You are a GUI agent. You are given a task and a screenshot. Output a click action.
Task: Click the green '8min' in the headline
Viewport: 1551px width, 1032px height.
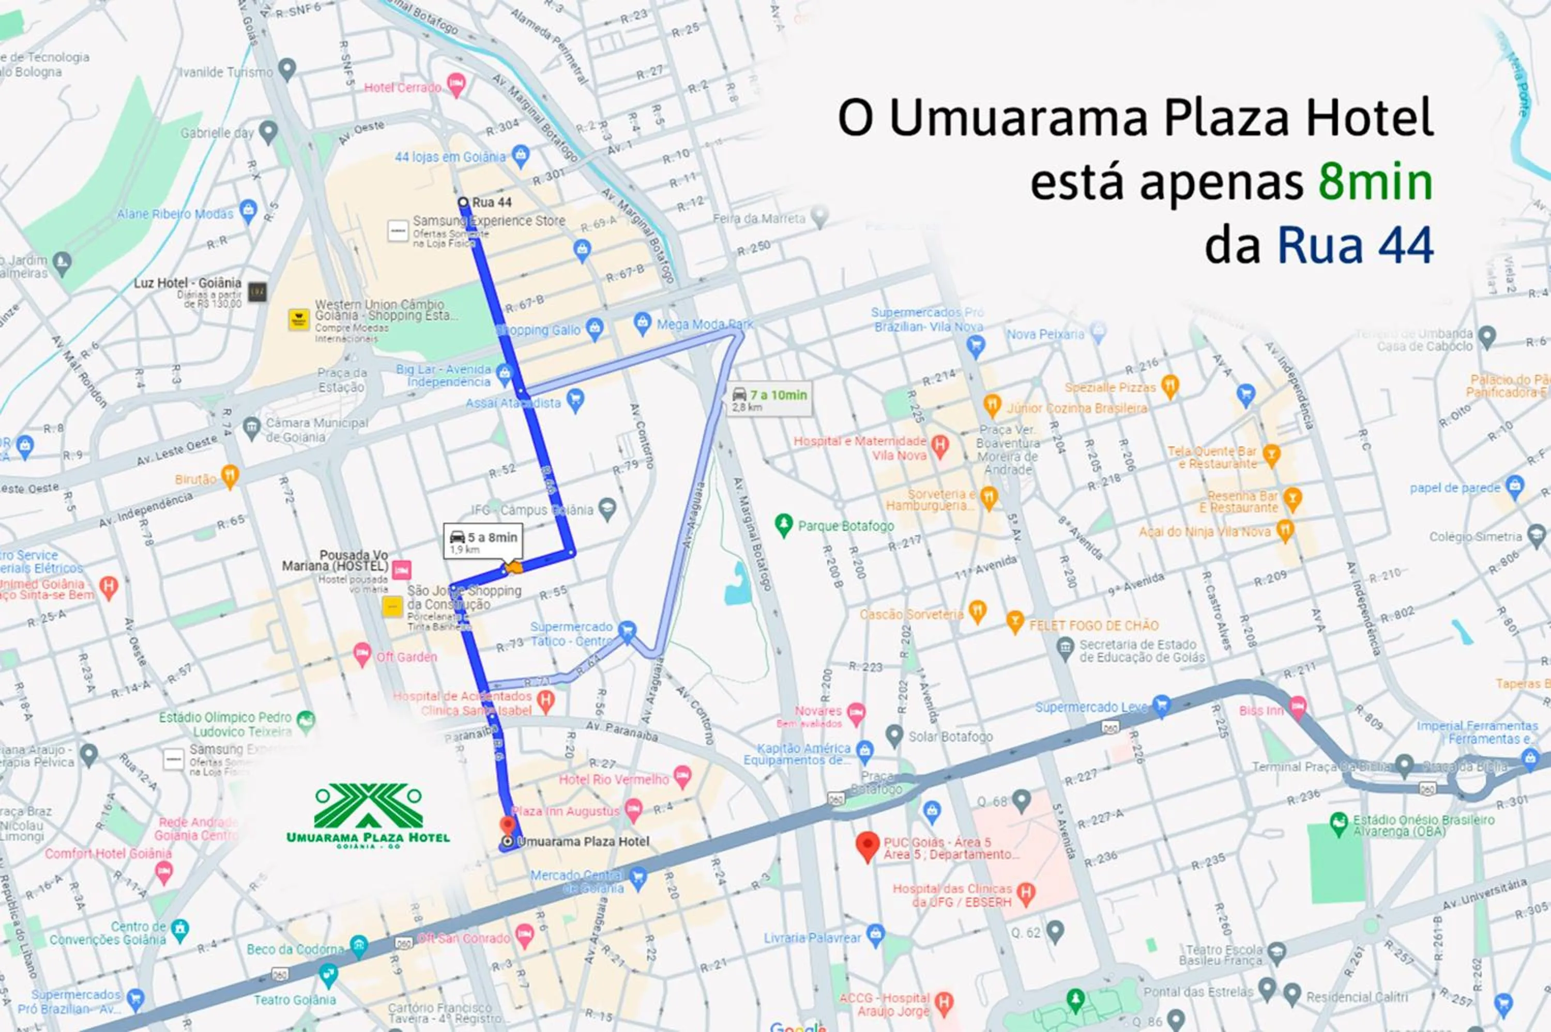click(1375, 182)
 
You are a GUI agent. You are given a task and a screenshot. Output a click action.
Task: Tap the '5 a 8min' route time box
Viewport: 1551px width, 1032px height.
click(483, 541)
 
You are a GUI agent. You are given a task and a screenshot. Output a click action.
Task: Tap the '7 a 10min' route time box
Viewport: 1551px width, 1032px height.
click(770, 398)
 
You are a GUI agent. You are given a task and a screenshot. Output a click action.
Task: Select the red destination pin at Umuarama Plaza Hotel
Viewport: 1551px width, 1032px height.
click(507, 825)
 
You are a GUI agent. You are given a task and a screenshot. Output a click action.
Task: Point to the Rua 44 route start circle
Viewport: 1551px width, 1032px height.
click(463, 202)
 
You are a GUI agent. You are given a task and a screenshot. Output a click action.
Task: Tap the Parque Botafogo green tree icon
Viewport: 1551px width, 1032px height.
click(783, 525)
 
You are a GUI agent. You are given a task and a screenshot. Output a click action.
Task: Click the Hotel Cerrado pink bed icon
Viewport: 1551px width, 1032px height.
click(456, 84)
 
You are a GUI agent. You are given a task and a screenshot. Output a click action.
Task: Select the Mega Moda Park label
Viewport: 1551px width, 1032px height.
click(705, 324)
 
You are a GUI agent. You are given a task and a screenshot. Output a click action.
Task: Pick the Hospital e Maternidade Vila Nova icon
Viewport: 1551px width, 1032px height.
click(940, 446)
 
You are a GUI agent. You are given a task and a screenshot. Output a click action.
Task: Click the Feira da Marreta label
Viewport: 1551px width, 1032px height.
click(759, 218)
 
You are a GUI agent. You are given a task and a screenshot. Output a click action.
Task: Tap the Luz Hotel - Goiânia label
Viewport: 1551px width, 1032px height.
click(187, 283)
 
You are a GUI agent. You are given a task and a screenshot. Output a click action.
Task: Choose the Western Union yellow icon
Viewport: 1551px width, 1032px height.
click(299, 319)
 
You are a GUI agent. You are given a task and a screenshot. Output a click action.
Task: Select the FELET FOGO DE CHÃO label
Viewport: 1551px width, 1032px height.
click(1093, 626)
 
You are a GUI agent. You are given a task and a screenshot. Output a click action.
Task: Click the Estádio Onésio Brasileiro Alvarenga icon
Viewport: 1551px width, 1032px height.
click(1339, 822)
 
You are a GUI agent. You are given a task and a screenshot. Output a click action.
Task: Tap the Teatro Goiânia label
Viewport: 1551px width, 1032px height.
click(295, 999)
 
